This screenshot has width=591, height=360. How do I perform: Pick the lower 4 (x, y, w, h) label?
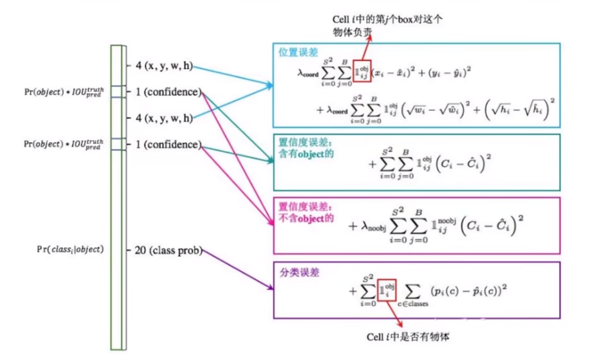164,118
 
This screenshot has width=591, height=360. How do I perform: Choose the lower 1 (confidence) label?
167,145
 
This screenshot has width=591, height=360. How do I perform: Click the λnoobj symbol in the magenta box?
371,226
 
